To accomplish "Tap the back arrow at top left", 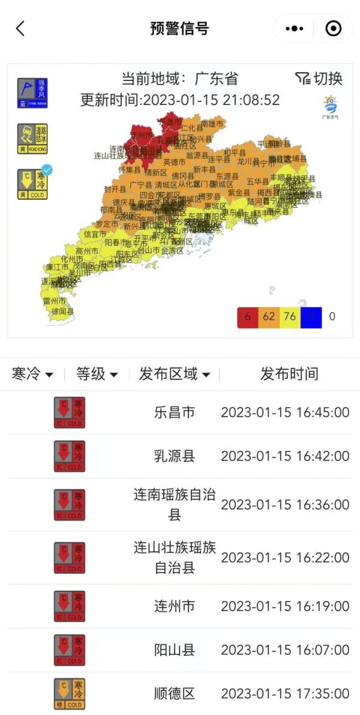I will pyautogui.click(x=20, y=28).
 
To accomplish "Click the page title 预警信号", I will pyautogui.click(x=179, y=28).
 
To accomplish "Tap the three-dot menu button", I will pyautogui.click(x=294, y=28).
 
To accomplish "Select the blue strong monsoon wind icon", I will pyautogui.click(x=32, y=93).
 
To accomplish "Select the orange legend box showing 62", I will pyautogui.click(x=269, y=316).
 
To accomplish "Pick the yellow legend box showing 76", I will pyautogui.click(x=290, y=316).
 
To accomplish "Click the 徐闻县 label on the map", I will pyautogui.click(x=62, y=312).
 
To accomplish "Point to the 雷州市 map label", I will pyautogui.click(x=54, y=301).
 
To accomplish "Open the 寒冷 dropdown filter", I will pyautogui.click(x=32, y=374).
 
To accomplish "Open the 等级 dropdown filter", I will pyautogui.click(x=97, y=374).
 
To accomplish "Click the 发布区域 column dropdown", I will pyautogui.click(x=175, y=374).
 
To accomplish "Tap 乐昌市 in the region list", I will pyautogui.click(x=175, y=412).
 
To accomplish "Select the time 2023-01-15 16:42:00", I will pyautogui.click(x=285, y=456).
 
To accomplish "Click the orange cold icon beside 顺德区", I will pyautogui.click(x=70, y=694).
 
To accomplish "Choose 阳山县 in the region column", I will pyautogui.click(x=175, y=650).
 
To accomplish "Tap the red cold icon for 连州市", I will pyautogui.click(x=70, y=606).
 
